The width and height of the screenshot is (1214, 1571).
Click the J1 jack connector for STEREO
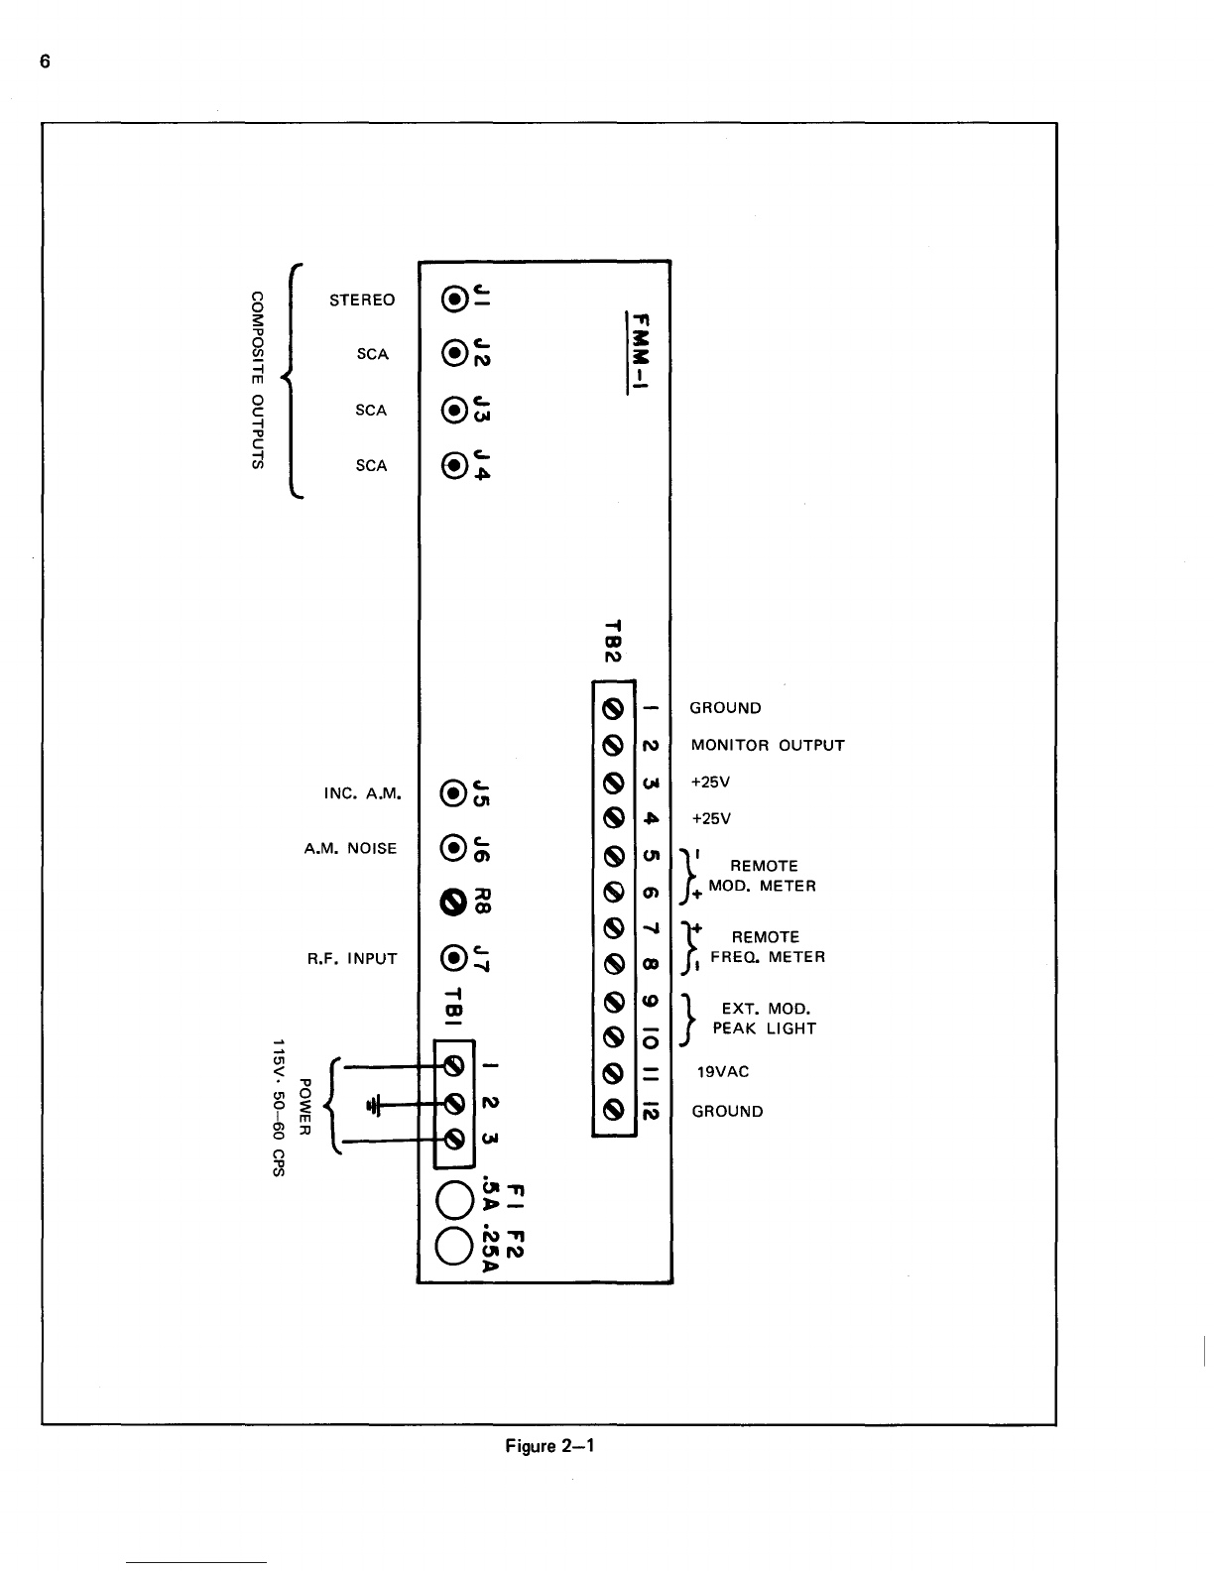454,299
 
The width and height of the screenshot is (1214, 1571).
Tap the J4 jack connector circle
454,465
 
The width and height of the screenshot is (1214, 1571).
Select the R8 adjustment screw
452,904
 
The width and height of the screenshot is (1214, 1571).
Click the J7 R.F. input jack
452,958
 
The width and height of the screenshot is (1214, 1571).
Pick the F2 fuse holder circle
452,1246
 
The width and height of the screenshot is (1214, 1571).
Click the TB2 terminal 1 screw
613,709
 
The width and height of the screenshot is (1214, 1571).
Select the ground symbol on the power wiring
374,1104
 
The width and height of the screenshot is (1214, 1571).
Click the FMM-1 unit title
640,352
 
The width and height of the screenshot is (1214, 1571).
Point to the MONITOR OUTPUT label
768,745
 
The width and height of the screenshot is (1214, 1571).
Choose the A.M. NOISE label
350,849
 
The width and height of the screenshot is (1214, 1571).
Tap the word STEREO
362,301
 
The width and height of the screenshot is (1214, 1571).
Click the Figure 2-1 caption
549,1446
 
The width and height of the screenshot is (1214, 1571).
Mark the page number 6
45,61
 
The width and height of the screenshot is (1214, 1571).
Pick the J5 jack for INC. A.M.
452,793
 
